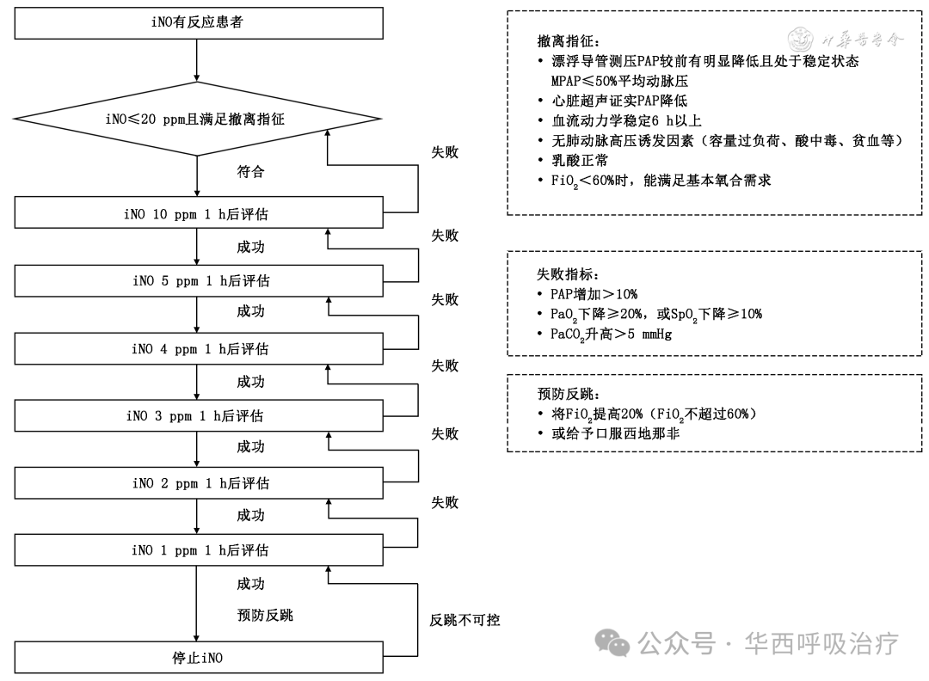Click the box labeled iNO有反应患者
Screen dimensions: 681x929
click(197, 22)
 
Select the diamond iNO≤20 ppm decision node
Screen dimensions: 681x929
click(197, 120)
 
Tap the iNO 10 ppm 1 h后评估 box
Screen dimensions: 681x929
click(197, 214)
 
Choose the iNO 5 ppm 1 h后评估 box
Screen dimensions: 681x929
click(197, 281)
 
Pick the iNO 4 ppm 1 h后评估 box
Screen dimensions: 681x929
click(197, 349)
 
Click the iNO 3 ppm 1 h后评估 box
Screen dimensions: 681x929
click(197, 416)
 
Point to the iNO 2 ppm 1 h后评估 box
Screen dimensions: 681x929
click(197, 483)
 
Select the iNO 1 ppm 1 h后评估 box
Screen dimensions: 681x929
click(197, 550)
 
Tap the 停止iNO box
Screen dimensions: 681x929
click(197, 659)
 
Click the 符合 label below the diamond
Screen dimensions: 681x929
click(250, 172)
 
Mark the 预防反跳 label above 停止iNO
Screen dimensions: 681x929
click(265, 615)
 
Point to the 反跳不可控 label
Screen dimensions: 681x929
click(464, 619)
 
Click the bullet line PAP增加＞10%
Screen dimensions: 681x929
click(594, 294)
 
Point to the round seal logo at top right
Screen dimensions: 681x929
click(801, 39)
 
